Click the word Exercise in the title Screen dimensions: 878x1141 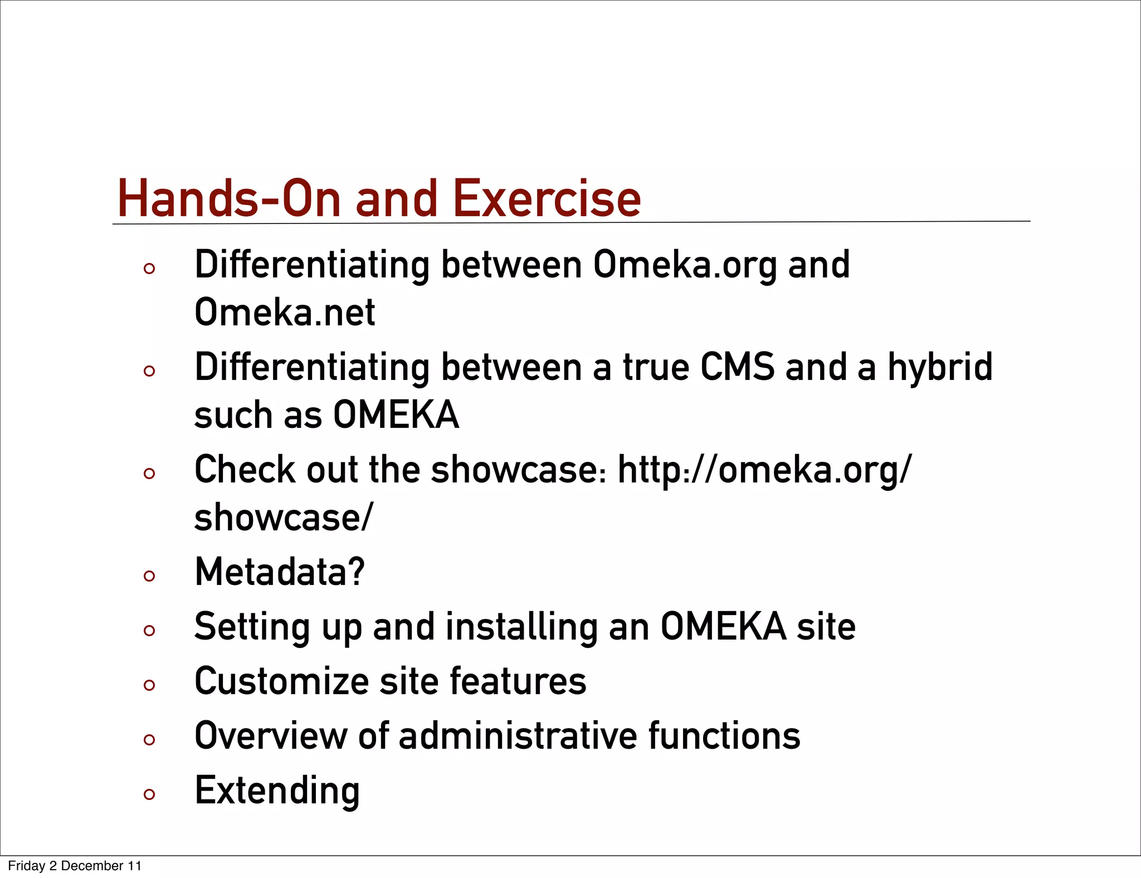[547, 199]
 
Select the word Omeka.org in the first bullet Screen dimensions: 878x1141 [685, 265]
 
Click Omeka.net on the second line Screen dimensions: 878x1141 [285, 313]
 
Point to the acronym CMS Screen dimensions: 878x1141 [737, 367]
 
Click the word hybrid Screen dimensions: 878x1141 [940, 367]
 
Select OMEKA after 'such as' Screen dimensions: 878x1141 [396, 415]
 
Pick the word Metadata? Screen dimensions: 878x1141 [280, 573]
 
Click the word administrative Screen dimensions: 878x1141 [518, 736]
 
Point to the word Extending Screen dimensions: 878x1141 [277, 791]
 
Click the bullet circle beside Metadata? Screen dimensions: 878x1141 [149, 576]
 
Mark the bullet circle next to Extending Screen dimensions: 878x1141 [149, 794]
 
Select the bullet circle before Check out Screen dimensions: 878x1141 [149, 474]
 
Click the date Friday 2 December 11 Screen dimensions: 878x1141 [75, 866]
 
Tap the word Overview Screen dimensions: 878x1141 [270, 736]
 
